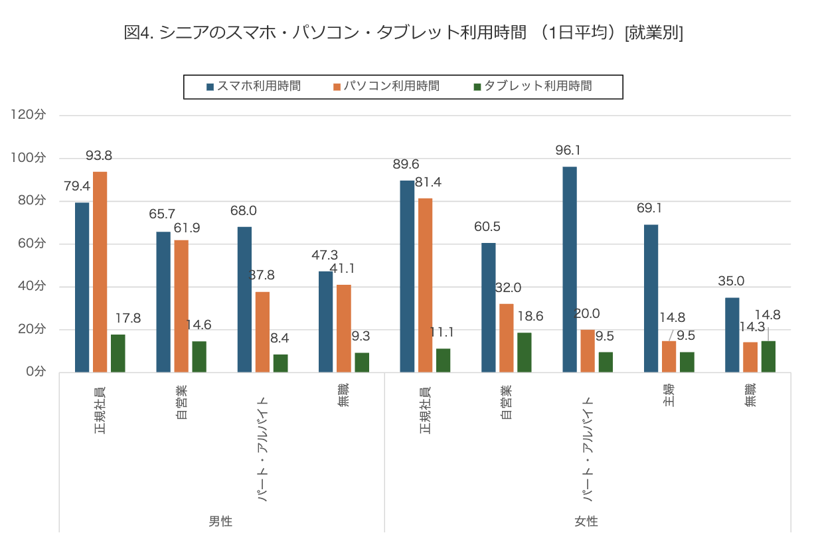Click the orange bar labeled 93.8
click(x=100, y=271)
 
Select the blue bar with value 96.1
click(x=570, y=269)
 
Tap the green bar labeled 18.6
click(x=524, y=352)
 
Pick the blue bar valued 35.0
click(x=732, y=335)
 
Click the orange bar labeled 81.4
click(x=425, y=285)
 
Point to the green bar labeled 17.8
click(x=118, y=353)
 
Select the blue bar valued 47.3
click(x=326, y=321)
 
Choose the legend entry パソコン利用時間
click(x=386, y=86)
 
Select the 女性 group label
click(x=586, y=521)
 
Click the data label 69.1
click(x=649, y=208)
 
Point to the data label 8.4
click(x=280, y=338)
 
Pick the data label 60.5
click(x=487, y=227)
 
